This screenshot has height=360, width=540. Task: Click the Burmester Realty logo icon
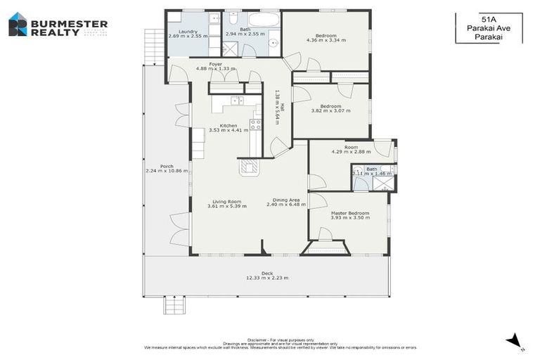[x=18, y=25]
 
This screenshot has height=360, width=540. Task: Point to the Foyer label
[x=216, y=63]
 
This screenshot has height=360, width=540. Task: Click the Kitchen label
[x=228, y=125]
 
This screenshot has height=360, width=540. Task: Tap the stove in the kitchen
[x=256, y=124]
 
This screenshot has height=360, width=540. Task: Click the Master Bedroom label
[x=349, y=213]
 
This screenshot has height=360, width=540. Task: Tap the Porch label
[x=167, y=167]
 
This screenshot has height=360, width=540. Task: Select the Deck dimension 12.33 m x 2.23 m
[x=267, y=278]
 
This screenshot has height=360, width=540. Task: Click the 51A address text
[x=488, y=20]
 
